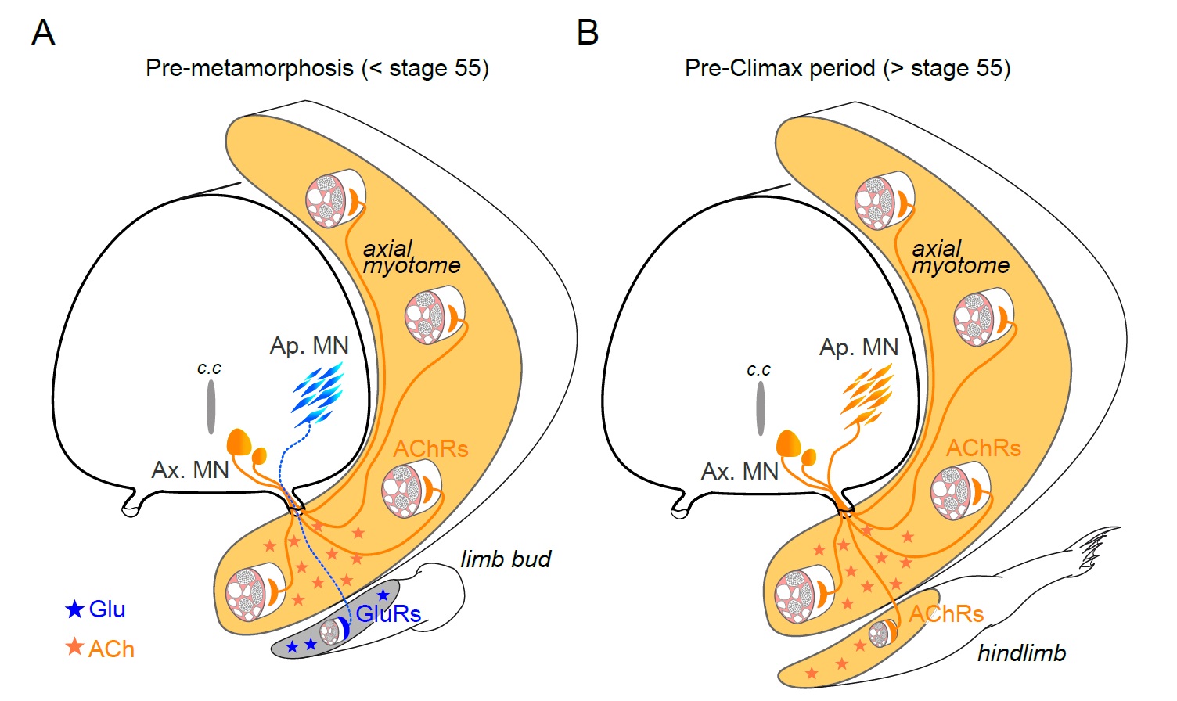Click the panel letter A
(x=43, y=33)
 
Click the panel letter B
(x=587, y=33)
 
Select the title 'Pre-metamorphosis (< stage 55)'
(x=317, y=68)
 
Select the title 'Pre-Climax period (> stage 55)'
(x=848, y=68)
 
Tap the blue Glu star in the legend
(x=74, y=609)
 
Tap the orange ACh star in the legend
(x=74, y=647)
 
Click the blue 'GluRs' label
(x=388, y=614)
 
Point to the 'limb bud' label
(x=506, y=559)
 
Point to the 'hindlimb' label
(x=1021, y=653)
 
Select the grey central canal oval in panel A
(x=211, y=408)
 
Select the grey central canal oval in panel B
(x=760, y=408)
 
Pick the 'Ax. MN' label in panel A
(x=190, y=470)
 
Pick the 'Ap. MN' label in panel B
(x=858, y=347)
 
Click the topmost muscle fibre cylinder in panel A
(x=335, y=199)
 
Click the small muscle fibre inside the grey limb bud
(x=332, y=631)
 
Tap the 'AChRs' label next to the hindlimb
(x=945, y=614)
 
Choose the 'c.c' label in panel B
(x=758, y=369)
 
